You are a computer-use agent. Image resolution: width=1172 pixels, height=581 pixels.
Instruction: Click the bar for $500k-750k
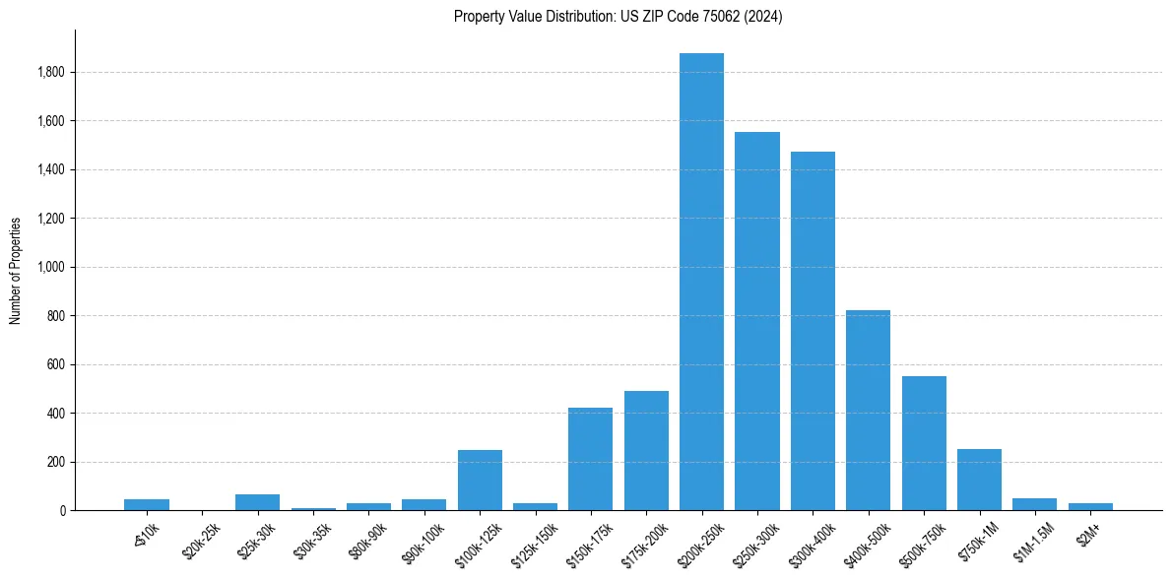924,443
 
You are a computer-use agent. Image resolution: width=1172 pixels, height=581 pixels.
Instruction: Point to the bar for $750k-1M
979,480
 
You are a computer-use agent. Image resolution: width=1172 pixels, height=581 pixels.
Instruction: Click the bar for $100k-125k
480,481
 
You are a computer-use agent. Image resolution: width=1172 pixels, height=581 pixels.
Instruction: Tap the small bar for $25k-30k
257,502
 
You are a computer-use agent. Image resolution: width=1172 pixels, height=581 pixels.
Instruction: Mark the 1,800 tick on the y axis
51,73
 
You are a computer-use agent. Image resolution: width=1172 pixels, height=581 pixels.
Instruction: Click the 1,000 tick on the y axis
51,267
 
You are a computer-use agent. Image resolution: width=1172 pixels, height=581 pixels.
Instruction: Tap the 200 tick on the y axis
56,462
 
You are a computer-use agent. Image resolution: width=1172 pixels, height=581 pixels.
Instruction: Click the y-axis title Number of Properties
15,270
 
